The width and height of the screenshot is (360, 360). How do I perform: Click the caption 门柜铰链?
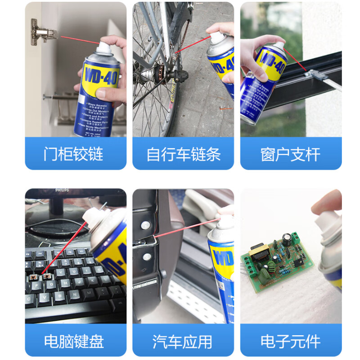pos(74,154)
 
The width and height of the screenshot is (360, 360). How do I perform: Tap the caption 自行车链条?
pos(183,154)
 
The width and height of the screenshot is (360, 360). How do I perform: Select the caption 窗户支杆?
pos(290,154)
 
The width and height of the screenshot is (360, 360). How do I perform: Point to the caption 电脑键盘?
pos(74,341)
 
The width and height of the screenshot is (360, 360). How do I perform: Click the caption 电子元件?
pos(290,341)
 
